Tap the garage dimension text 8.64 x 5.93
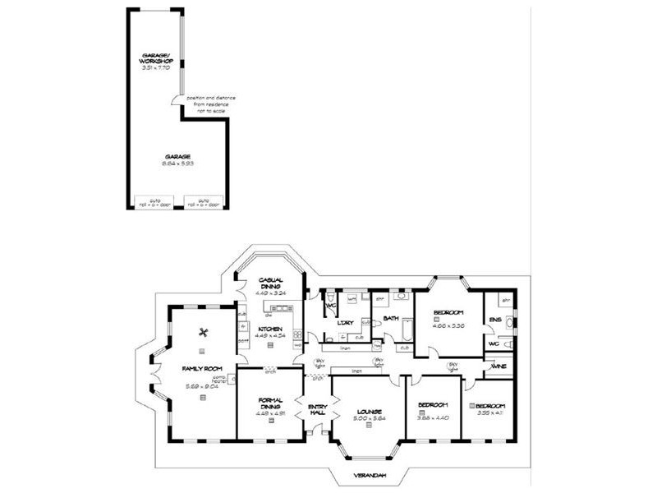177,164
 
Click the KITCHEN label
270,329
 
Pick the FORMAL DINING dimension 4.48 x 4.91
270,414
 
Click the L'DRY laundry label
346,322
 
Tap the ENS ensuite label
495,320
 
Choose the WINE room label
498,367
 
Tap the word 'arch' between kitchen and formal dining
269,370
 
